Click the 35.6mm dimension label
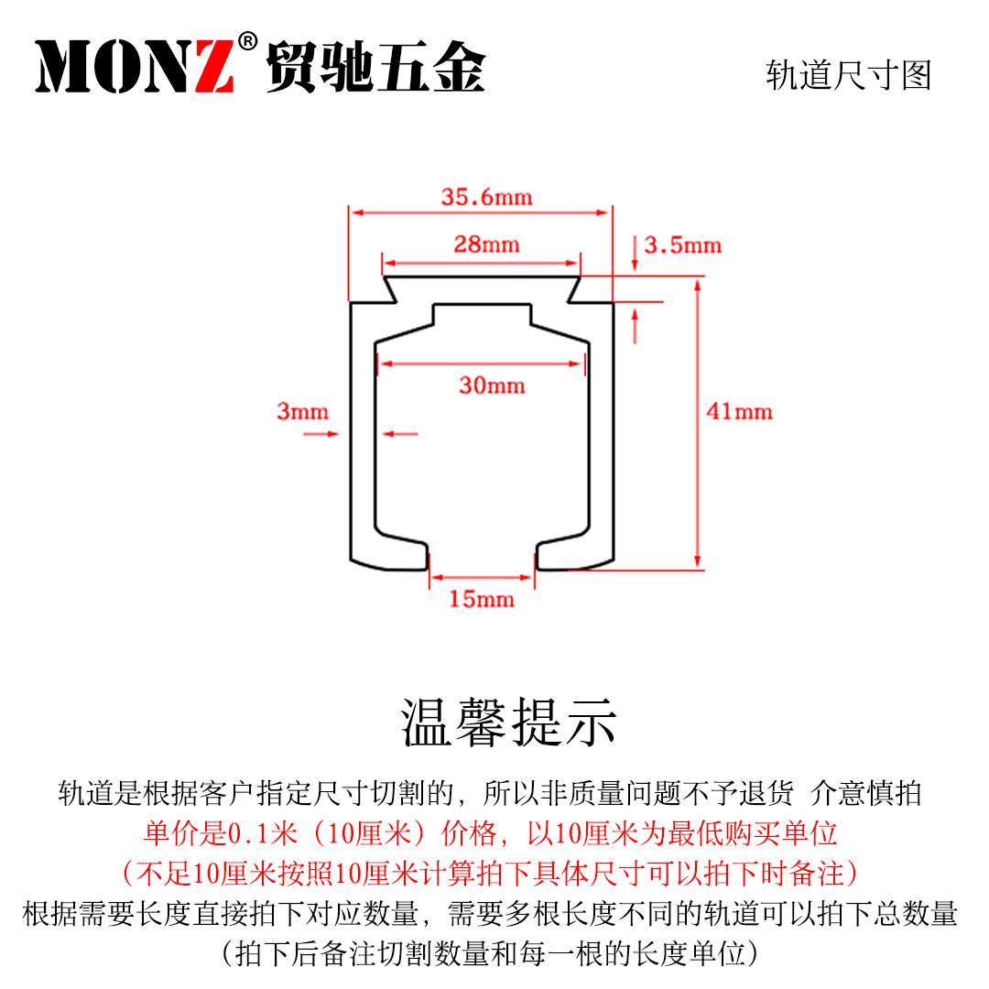coord(487,197)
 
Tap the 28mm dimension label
coord(487,245)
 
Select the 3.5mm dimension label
coord(682,245)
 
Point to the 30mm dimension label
coord(492,386)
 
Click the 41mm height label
coord(739,411)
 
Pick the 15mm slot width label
coord(482,599)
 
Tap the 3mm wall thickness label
coord(303,411)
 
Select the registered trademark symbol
coord(248,41)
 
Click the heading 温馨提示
coord(508,723)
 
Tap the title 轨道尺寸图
coord(849,76)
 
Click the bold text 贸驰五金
coord(376,67)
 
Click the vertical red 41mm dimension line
coord(698,424)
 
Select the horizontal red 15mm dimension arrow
coord(483,577)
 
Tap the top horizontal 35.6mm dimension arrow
coord(481,212)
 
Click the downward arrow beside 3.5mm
coord(636,254)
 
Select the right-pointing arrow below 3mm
coord(321,434)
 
